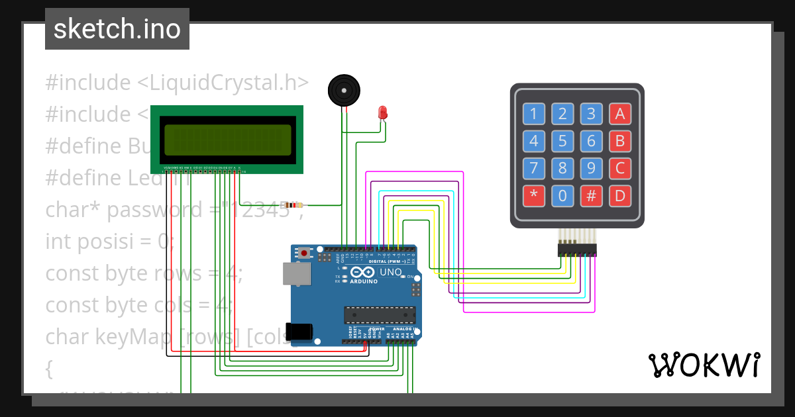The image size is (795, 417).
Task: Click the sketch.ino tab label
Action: coord(117,29)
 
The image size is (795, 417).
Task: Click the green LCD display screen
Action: coord(227,140)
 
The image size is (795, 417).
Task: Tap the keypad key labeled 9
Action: coord(591,168)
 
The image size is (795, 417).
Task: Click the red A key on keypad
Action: coord(620,114)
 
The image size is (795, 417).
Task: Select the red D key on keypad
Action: coord(620,196)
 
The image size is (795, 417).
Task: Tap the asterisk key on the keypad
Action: coord(533,196)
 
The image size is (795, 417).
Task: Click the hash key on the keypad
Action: coord(591,196)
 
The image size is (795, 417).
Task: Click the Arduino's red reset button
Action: coord(304,253)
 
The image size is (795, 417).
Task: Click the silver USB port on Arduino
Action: coord(297,273)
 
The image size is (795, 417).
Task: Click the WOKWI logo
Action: coord(704,365)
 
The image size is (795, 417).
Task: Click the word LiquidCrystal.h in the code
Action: coord(229,83)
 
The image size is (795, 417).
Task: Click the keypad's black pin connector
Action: coord(576,250)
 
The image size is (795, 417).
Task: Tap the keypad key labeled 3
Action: coord(591,114)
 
